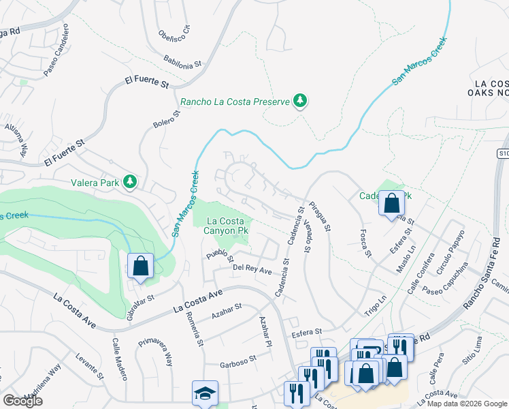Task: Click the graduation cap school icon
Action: click(205, 393)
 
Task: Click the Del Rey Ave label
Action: click(252, 271)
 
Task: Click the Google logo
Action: click(22, 402)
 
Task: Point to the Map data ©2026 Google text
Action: click(465, 404)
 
